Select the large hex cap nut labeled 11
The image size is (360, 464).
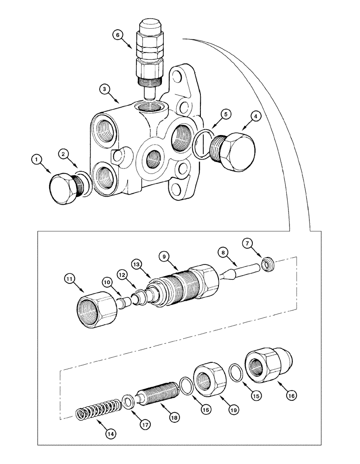96,305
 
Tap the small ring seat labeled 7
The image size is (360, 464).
268,265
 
